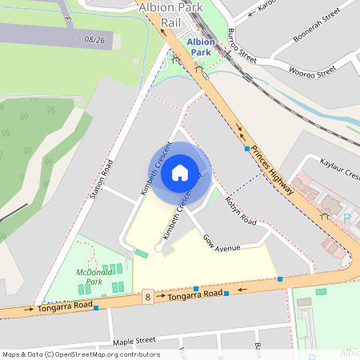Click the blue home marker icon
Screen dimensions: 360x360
pos(180,172)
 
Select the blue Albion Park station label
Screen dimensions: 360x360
pos(201,47)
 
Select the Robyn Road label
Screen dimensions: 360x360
pos(240,210)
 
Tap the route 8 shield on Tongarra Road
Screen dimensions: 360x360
pos(148,298)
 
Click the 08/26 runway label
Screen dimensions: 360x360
pos(94,38)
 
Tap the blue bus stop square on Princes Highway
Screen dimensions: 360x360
pos(246,149)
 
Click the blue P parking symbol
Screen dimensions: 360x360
pos(347,217)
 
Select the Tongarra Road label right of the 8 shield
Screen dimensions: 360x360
pos(195,295)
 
